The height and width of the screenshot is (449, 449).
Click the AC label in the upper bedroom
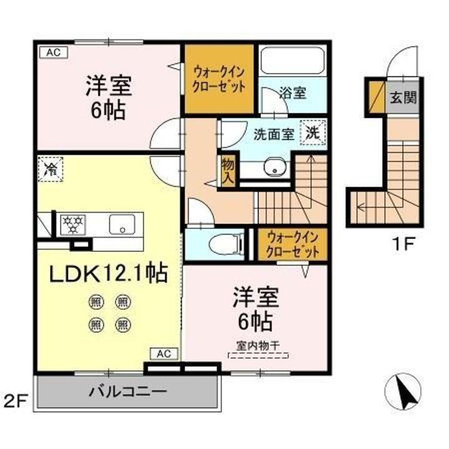pos(52,52)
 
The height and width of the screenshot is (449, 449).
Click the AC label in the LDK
pos(163,354)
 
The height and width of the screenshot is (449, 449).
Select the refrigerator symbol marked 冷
pos(51,168)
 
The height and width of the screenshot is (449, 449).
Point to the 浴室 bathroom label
pos(292,94)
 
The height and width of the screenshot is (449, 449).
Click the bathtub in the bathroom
pos(292,61)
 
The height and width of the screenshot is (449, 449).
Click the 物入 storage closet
pos(228,170)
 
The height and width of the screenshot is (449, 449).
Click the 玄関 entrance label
pos(404,97)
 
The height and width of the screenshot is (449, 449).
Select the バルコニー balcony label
pos(127,392)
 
